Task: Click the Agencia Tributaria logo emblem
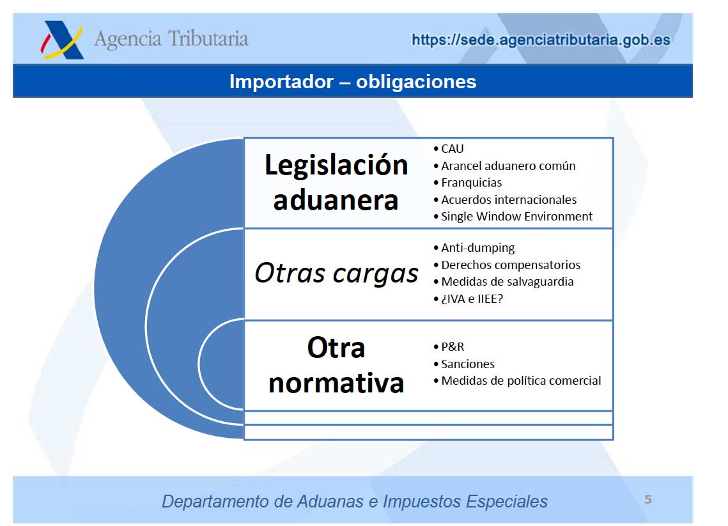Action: tap(62, 40)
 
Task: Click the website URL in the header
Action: tap(541, 40)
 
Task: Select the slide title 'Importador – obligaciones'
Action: tap(353, 82)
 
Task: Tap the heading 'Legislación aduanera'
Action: tap(336, 182)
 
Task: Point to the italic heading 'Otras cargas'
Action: tap(336, 272)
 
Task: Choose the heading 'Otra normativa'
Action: tap(336, 366)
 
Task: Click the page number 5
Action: tap(648, 500)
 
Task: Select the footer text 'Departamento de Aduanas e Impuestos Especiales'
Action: tap(355, 502)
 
